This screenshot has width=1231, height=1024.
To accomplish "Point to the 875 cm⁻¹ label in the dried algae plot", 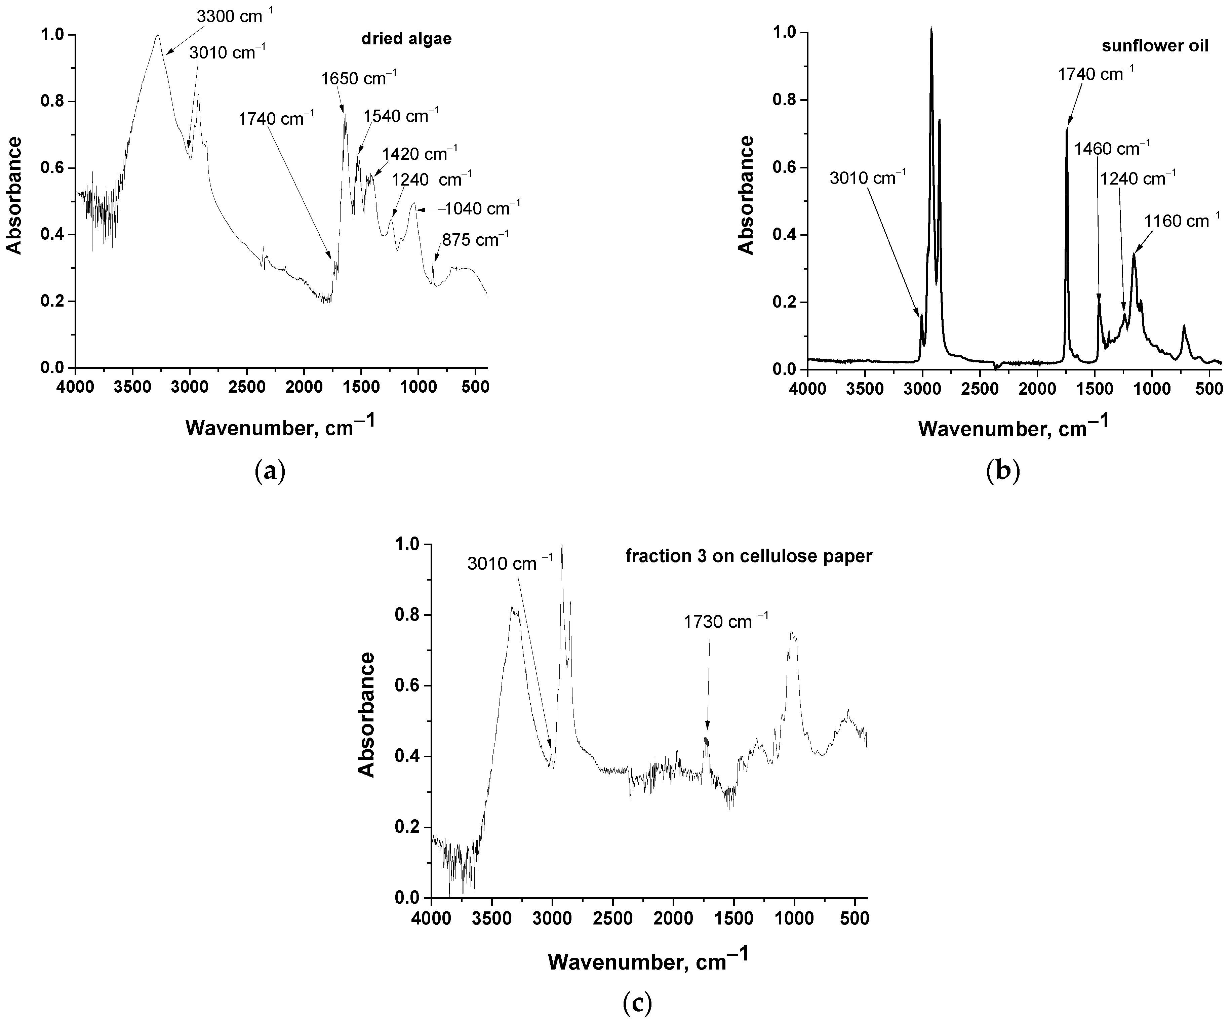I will (475, 239).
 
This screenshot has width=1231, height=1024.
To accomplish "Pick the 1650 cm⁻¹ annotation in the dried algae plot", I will (359, 77).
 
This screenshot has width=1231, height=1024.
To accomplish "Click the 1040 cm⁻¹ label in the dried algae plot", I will (482, 208).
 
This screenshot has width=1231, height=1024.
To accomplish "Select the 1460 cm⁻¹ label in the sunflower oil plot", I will (1112, 148).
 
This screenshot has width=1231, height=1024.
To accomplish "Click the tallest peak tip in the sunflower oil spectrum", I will (931, 27).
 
